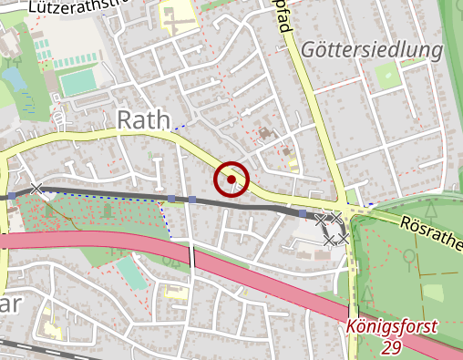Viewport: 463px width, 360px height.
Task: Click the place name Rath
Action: click(145, 118)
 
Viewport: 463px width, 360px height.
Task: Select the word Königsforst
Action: click(393, 326)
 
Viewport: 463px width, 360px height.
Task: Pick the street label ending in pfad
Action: click(283, 17)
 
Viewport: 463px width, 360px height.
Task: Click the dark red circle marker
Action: click(231, 180)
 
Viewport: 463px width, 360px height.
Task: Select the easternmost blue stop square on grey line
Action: click(303, 212)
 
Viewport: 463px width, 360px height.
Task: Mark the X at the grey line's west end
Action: click(36, 189)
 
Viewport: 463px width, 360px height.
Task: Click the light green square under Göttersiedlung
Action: click(386, 76)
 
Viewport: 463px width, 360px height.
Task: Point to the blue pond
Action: click(15, 81)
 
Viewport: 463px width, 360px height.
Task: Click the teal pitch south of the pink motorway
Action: click(129, 272)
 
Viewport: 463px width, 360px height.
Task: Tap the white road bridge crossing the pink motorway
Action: click(192, 256)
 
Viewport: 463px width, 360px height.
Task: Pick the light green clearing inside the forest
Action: click(432, 294)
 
